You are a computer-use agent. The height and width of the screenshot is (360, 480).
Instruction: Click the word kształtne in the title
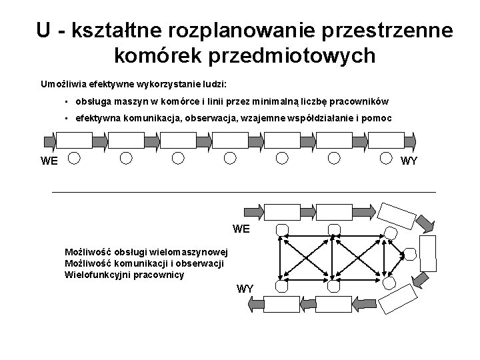click(x=123, y=30)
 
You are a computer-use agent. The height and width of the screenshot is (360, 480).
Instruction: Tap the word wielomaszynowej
click(x=189, y=252)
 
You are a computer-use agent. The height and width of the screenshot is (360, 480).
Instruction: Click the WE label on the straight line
click(x=49, y=161)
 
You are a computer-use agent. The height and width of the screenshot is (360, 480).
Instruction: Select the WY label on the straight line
click(x=408, y=161)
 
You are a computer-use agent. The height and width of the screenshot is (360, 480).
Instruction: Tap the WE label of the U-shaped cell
click(x=241, y=229)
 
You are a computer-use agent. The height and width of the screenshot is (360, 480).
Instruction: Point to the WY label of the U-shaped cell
click(x=245, y=289)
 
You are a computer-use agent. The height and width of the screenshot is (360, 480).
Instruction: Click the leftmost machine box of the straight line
click(x=73, y=140)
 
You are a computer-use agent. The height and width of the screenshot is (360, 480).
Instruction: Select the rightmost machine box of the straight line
click(x=387, y=140)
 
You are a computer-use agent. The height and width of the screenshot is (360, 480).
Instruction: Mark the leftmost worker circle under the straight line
click(x=75, y=158)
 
